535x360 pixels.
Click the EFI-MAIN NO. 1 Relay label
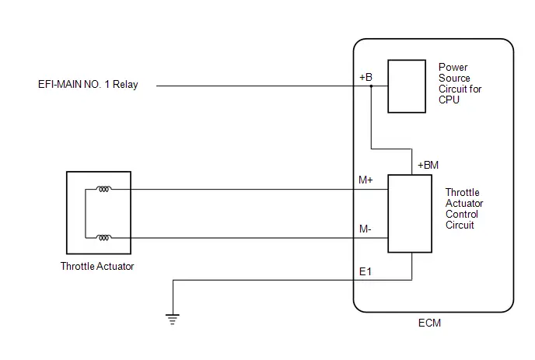pyautogui.click(x=88, y=84)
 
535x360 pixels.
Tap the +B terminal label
pyautogui.click(x=365, y=77)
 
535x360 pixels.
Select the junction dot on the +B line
pyautogui.click(x=371, y=86)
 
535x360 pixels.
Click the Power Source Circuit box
pyautogui.click(x=407, y=86)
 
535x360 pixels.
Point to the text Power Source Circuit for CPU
pyautogui.click(x=460, y=84)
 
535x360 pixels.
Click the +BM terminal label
pyautogui.click(x=428, y=165)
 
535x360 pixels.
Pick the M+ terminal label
pyautogui.click(x=365, y=180)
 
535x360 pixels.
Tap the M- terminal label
pyautogui.click(x=365, y=229)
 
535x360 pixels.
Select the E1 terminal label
pyautogui.click(x=365, y=271)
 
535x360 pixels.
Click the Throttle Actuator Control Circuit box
pyautogui.click(x=410, y=214)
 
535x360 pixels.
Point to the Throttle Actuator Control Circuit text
pyautogui.click(x=464, y=208)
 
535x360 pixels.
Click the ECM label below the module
pyautogui.click(x=429, y=323)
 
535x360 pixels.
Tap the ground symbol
pyautogui.click(x=173, y=320)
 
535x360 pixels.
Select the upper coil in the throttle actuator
pyautogui.click(x=103, y=189)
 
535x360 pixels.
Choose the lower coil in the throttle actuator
pyautogui.click(x=103, y=237)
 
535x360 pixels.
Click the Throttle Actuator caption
pyautogui.click(x=97, y=266)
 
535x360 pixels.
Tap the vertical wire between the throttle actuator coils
pyautogui.click(x=86, y=213)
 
